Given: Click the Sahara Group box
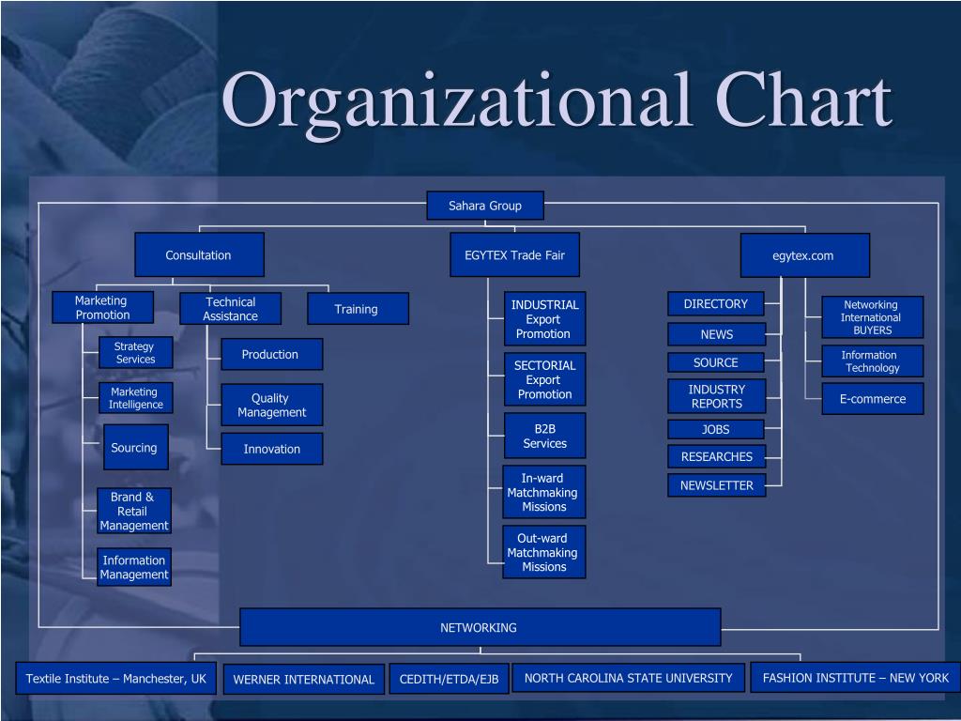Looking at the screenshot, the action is pyautogui.click(x=484, y=206).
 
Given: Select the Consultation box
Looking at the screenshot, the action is pyautogui.click(x=199, y=254).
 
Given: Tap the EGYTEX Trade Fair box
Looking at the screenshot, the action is pyautogui.click(x=514, y=254).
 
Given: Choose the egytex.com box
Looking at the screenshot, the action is pyautogui.click(x=804, y=255).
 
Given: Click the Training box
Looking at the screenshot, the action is pyautogui.click(x=358, y=309).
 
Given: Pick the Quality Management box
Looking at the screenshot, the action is pyautogui.click(x=272, y=405).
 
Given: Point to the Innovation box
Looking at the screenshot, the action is pyautogui.click(x=272, y=449).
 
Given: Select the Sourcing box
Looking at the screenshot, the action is pyautogui.click(x=135, y=447).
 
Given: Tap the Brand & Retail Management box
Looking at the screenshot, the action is pyautogui.click(x=134, y=511).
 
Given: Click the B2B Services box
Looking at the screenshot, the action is pyautogui.click(x=544, y=436).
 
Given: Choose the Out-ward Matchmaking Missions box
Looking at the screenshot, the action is pyautogui.click(x=543, y=552).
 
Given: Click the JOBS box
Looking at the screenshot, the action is pyautogui.click(x=716, y=429).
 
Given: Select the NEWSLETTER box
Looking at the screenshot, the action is pyautogui.click(x=717, y=485).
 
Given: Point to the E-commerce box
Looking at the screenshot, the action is pyautogui.click(x=873, y=399).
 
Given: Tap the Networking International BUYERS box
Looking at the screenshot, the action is pyautogui.click(x=872, y=317).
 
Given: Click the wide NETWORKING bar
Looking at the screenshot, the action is pyautogui.click(x=480, y=627).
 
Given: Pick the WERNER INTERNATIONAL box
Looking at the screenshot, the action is pyautogui.click(x=304, y=679).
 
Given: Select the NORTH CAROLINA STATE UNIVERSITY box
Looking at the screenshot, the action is pyautogui.click(x=629, y=678).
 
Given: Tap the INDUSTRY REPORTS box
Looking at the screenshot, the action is pyautogui.click(x=717, y=396).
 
